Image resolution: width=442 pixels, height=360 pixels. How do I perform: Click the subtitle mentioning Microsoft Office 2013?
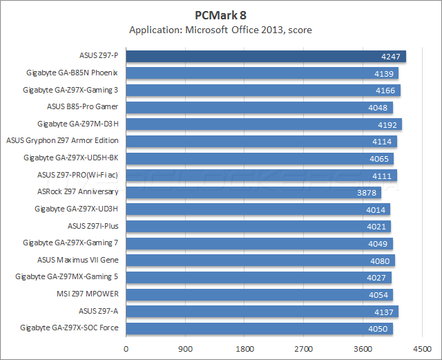coord(221,30)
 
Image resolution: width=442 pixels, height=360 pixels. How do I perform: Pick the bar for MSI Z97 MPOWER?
coord(260,294)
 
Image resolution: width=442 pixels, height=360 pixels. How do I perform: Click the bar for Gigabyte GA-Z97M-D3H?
coord(264,124)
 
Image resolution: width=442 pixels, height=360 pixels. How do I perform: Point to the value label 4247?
coord(392,57)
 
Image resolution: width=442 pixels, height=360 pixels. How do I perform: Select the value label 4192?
coord(387,124)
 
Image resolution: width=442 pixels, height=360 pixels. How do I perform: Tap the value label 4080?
coord(381,260)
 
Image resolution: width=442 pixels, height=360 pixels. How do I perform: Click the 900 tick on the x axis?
coord(185,348)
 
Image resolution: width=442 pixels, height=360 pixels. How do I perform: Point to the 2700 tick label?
coord(304,348)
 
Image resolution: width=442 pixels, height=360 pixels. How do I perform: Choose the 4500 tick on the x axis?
coord(423,348)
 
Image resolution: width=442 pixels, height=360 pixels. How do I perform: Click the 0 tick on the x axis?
coord(126,348)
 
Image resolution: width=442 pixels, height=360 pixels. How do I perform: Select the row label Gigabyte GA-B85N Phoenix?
coord(72,73)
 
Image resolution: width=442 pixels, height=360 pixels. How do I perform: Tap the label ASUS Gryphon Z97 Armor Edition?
coord(62,141)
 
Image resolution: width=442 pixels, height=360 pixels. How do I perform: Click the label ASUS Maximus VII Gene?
coord(78,260)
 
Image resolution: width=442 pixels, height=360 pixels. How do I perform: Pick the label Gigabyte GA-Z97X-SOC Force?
coord(69,328)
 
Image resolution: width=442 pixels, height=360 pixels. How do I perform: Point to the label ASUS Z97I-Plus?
coord(93,226)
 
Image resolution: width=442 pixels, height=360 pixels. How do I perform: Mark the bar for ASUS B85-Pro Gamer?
coord(259,107)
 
